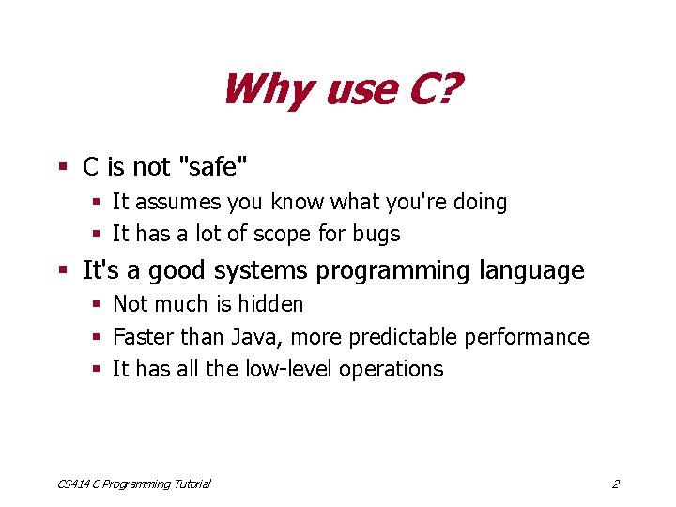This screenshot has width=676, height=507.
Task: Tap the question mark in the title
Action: pyautogui.click(x=448, y=89)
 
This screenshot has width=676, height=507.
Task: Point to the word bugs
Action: pyautogui.click(x=377, y=234)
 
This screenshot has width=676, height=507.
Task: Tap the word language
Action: pyautogui.click(x=531, y=271)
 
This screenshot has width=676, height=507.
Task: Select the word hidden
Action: pyautogui.click(x=269, y=304)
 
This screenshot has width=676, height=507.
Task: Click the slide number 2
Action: pyautogui.click(x=615, y=484)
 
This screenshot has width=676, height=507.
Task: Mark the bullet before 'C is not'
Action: pyautogui.click(x=63, y=168)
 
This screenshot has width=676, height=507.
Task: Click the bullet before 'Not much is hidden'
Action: pyautogui.click(x=97, y=304)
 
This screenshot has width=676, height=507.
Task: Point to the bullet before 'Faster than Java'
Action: pyautogui.click(x=97, y=337)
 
